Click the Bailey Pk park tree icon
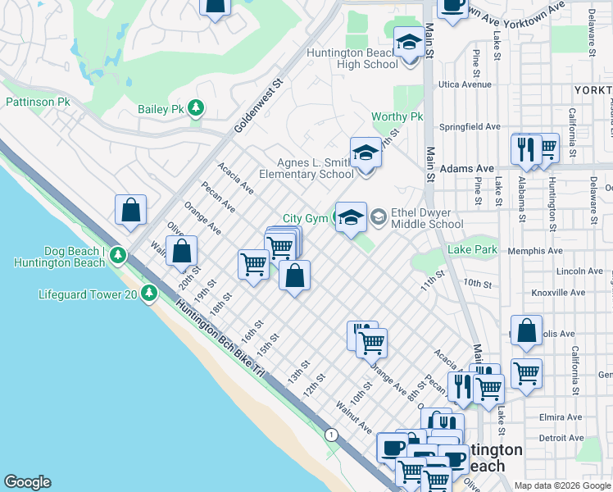tap(195, 108)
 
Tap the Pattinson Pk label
tap(39, 102)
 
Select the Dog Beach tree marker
tap(118, 255)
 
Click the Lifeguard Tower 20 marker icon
tap(148, 293)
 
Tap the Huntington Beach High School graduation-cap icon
tap(408, 43)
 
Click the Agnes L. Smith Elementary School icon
tap(366, 154)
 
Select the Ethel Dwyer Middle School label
tap(427, 218)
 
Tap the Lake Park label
tap(472, 249)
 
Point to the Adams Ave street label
tap(467, 168)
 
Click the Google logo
tap(27, 482)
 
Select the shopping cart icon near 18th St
tap(254, 265)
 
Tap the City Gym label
tap(305, 218)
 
